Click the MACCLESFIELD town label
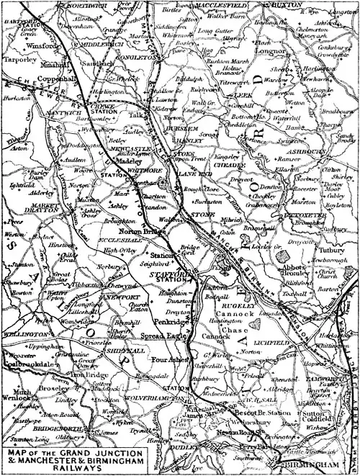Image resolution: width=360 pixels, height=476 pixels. click(x=215, y=5)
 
